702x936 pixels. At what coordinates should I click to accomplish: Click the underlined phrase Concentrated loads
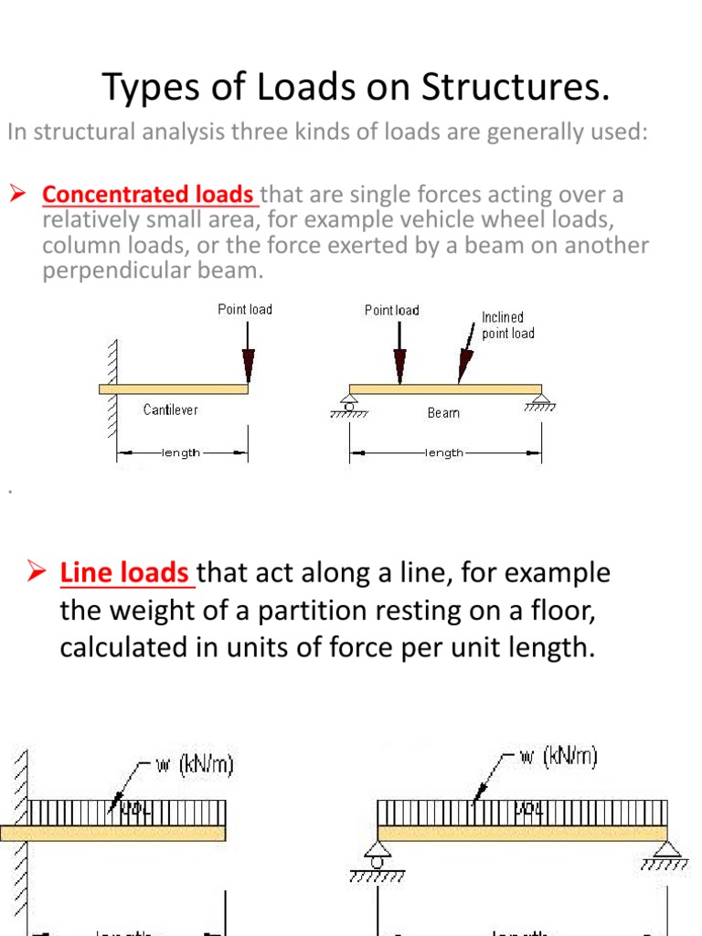[x=149, y=195]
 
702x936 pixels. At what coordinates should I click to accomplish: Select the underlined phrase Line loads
[x=127, y=573]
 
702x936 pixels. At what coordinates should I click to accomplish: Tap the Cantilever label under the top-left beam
[x=170, y=410]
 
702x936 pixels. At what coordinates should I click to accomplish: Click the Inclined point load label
[x=508, y=325]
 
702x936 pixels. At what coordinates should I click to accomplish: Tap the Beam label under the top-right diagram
[x=443, y=413]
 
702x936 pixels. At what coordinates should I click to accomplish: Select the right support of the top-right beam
[x=541, y=400]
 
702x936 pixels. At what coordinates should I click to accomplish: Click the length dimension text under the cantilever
[x=181, y=452]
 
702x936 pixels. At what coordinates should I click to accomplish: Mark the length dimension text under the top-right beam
[x=444, y=452]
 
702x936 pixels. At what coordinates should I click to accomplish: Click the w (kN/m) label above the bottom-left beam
[x=194, y=763]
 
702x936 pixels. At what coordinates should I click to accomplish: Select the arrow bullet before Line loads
[x=37, y=573]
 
